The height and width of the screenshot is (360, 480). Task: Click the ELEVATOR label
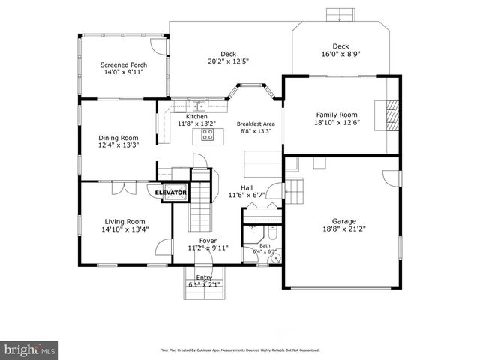click(170, 193)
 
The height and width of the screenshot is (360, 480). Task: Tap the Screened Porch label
click(124, 65)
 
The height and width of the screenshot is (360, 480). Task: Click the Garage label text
click(344, 221)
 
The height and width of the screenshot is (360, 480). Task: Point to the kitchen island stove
click(208, 136)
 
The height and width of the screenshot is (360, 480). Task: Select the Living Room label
click(124, 221)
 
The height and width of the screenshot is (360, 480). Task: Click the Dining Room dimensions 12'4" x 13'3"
click(119, 145)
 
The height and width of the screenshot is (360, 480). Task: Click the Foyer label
click(208, 241)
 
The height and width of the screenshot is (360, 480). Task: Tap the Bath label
click(265, 245)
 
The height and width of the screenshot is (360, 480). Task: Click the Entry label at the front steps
click(204, 277)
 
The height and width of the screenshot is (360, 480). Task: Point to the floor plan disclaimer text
click(240, 349)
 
